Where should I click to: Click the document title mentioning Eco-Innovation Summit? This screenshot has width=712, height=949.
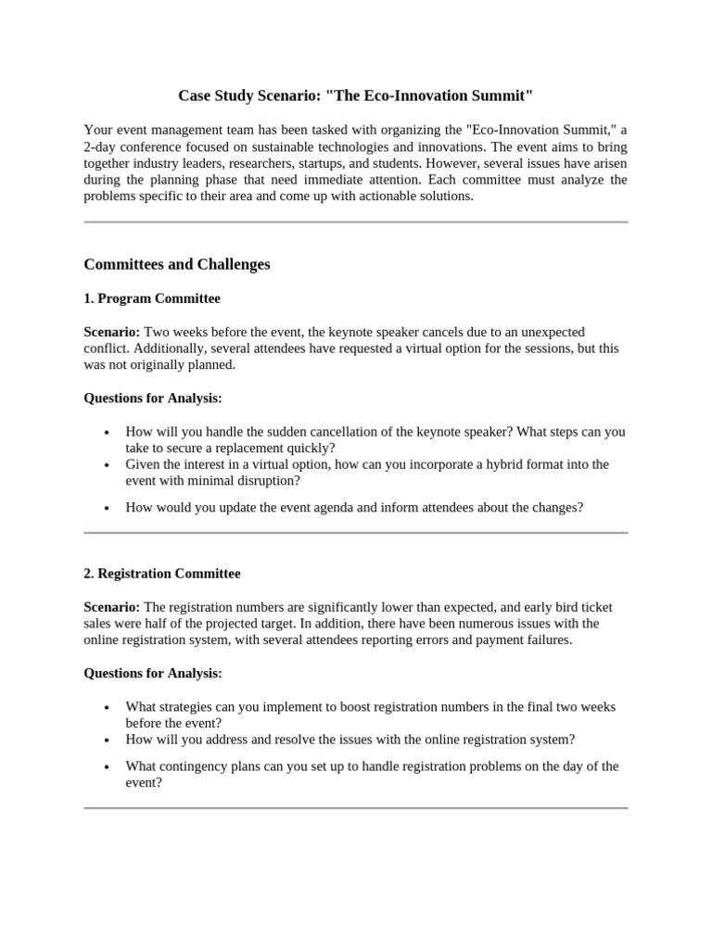point(355,95)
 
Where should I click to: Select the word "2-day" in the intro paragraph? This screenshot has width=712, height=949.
point(101,146)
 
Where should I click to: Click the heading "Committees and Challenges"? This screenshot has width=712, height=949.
point(177,264)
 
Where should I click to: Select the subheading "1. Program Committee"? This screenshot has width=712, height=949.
point(152,298)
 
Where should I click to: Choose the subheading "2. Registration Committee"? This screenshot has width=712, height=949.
point(162,574)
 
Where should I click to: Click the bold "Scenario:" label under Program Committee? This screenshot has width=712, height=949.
point(112,332)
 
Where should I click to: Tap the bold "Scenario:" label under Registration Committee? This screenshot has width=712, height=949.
point(112,607)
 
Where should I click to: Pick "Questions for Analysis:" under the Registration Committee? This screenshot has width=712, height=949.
point(153,673)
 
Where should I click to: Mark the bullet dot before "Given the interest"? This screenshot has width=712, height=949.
point(108,465)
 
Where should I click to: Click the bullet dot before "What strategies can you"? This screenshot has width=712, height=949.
point(108,707)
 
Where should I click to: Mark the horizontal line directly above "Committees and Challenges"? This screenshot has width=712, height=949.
point(355,222)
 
